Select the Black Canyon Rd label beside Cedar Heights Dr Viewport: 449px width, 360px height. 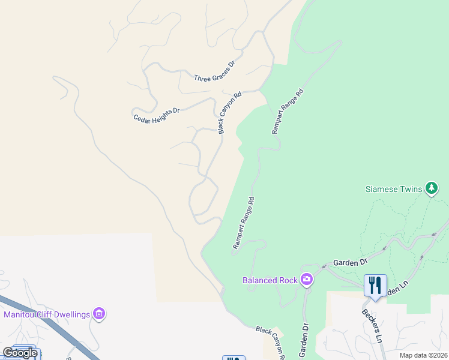tap(229, 112)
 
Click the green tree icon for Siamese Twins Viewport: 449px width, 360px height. tap(431, 188)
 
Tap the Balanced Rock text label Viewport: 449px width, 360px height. tap(270, 280)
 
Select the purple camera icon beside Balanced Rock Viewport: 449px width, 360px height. tap(307, 280)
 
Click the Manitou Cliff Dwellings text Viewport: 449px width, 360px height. tap(47, 314)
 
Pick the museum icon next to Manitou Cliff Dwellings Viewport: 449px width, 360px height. tap(100, 314)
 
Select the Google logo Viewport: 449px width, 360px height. tap(20, 353)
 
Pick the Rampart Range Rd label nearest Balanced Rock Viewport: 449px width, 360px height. tap(244, 223)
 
